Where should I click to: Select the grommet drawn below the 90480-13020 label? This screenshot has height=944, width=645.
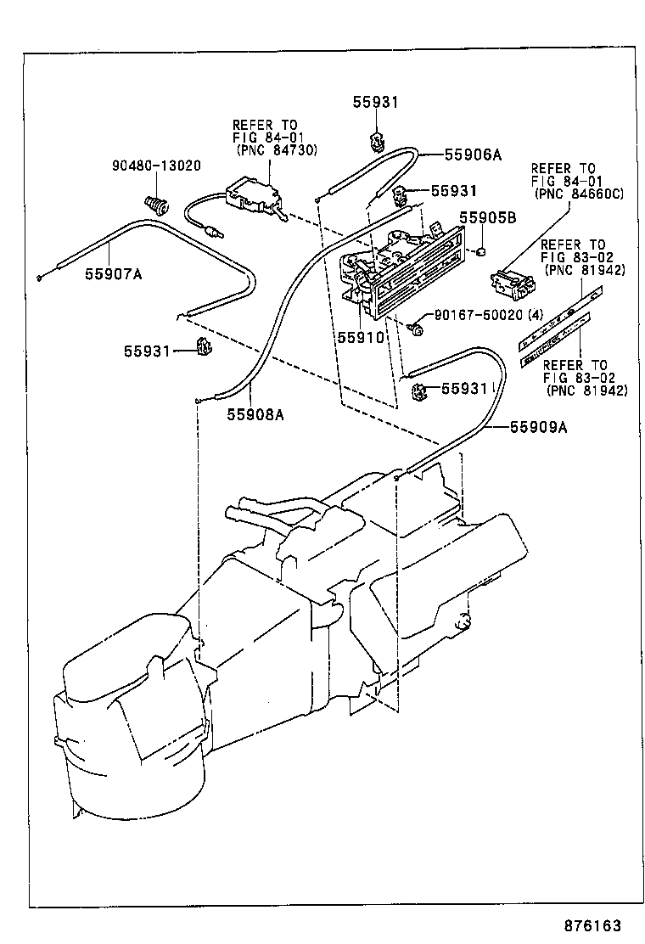tap(154, 204)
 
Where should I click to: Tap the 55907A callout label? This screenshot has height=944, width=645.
tap(113, 273)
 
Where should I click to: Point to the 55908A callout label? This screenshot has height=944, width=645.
tap(255, 414)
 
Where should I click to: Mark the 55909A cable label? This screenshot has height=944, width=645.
tap(537, 428)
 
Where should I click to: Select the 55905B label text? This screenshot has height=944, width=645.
tap(488, 217)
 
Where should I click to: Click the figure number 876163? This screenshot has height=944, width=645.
tap(586, 925)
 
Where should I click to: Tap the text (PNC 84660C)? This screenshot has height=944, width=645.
tap(577, 194)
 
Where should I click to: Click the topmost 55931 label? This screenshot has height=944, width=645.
tap(375, 102)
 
